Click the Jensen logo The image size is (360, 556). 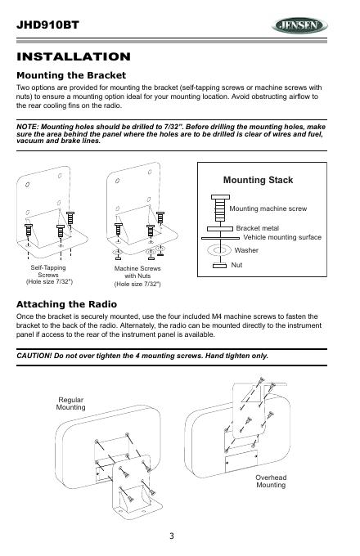coord(299,25)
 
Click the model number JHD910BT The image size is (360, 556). coord(47,25)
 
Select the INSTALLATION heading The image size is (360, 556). coord(74,56)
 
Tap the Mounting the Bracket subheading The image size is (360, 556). coord(71,75)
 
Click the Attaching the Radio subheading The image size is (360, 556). coord(66,304)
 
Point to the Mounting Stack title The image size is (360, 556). coord(258,180)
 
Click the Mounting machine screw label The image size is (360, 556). coord(268,208)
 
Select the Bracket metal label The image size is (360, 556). coord(257,228)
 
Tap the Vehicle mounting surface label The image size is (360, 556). coord(282,237)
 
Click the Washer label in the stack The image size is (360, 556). coord(246,250)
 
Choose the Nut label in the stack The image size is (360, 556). coord(236,265)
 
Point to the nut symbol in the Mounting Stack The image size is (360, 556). coord(219,266)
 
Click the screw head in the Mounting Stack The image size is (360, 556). coord(220,197)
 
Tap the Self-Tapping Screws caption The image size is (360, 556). coord(49,275)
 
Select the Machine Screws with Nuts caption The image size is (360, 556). coord(137,276)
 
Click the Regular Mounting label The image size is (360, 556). coord(70,404)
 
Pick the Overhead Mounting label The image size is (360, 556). coord(271,481)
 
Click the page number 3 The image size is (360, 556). coord(172,536)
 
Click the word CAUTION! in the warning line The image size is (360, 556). coord(34,356)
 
